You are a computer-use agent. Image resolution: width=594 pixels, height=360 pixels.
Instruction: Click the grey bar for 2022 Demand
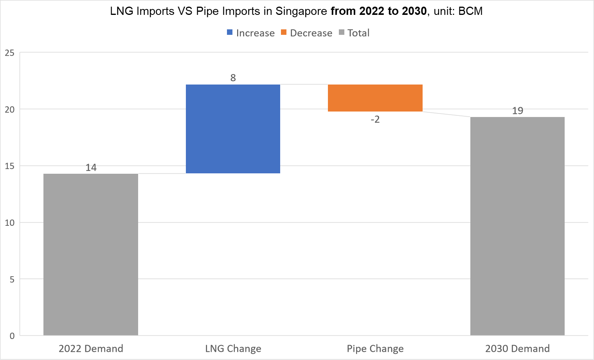(91, 254)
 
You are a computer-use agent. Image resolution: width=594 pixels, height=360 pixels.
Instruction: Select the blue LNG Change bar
(233, 129)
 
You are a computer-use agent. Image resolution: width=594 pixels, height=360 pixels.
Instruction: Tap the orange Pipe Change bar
(375, 98)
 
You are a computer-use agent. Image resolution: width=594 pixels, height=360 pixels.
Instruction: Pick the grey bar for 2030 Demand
(517, 226)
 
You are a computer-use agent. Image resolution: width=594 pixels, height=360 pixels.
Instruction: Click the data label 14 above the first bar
(91, 167)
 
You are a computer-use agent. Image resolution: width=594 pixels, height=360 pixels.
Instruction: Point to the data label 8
(233, 78)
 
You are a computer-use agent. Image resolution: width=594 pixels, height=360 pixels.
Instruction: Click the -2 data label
(375, 119)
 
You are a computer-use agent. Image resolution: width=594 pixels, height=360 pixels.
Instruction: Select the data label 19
(517, 111)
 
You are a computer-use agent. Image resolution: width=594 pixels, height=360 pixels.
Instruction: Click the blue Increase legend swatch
(230, 32)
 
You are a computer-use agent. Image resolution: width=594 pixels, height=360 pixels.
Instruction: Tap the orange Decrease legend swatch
(284, 32)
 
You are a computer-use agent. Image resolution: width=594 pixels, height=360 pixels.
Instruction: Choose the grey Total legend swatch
(342, 32)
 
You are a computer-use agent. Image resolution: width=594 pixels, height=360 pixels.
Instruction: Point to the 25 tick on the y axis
(10, 53)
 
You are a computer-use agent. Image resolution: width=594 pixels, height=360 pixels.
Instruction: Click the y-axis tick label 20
(10, 110)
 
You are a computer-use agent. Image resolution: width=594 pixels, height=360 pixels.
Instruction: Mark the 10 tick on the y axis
(10, 223)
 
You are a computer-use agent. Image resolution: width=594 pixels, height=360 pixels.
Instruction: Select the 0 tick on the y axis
(12, 336)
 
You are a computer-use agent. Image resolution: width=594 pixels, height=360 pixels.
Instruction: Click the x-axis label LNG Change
(233, 349)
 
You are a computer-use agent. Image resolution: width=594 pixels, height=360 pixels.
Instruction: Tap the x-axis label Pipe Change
(375, 349)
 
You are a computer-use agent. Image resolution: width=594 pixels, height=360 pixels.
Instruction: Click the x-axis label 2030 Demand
(517, 349)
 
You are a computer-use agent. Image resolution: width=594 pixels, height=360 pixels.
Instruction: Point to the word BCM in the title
(470, 11)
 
